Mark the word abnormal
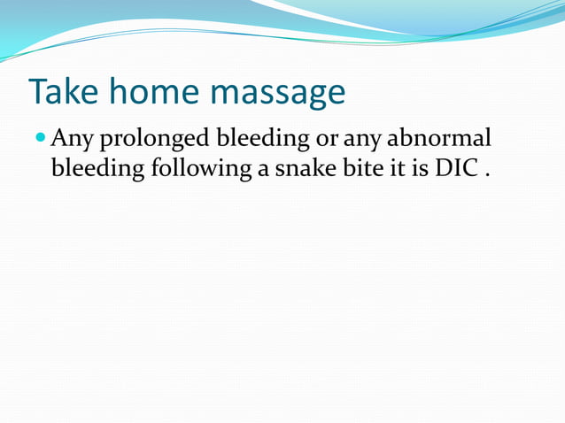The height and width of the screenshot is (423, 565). click(439, 139)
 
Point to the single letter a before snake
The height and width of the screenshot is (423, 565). click(265, 169)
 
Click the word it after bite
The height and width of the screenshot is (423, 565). click(395, 168)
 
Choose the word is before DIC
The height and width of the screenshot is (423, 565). click(419, 168)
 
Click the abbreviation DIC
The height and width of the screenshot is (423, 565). click(454, 168)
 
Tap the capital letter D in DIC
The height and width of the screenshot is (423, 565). click(443, 168)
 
